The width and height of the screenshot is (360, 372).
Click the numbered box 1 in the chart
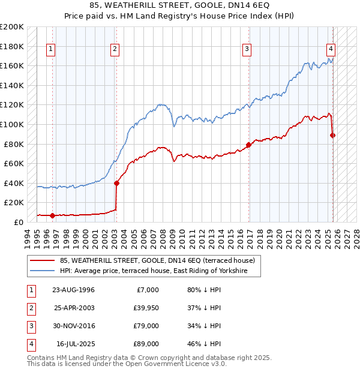click(51, 49)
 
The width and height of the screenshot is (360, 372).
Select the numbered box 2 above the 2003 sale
click(115, 49)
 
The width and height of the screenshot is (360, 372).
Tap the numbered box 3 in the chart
click(247, 49)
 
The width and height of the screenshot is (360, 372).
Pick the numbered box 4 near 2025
click(331, 49)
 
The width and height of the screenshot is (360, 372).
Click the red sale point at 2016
click(248, 145)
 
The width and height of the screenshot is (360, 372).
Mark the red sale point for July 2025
click(333, 135)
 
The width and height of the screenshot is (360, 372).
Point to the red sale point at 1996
click(52, 215)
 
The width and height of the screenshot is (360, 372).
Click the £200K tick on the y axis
click(12, 27)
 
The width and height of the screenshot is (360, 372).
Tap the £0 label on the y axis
click(18, 222)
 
